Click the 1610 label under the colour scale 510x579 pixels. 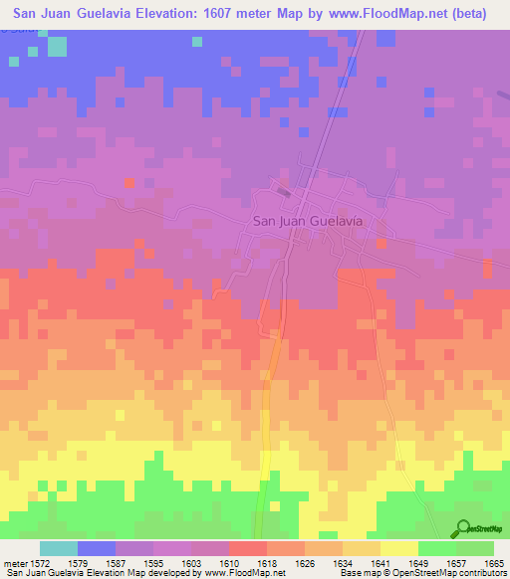click(228, 563)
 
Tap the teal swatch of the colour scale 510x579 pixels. click(58, 548)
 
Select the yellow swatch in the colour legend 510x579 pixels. click(398, 548)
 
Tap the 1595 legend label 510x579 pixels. click(151, 563)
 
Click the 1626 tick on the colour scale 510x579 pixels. click(304, 563)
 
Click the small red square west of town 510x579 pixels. click(129, 183)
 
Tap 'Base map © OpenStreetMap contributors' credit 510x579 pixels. click(421, 573)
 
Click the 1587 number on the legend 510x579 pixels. click(115, 563)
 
